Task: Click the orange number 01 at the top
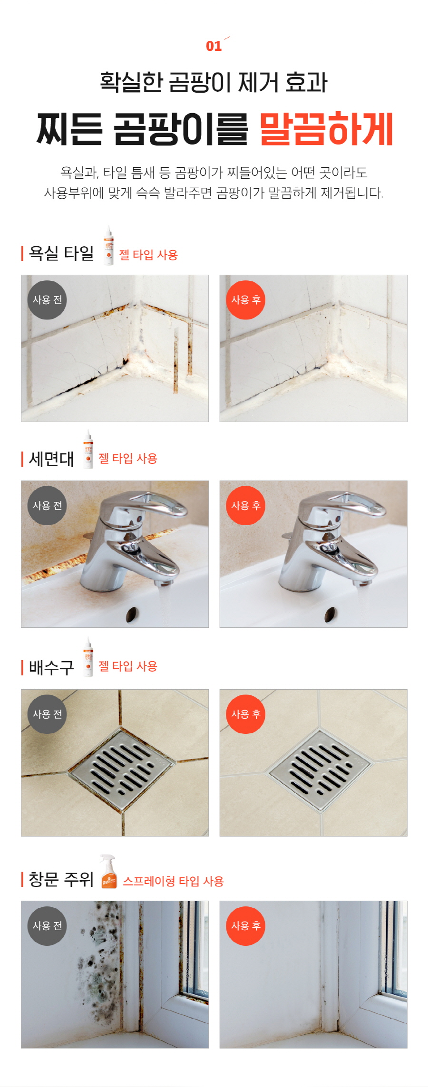click(214, 46)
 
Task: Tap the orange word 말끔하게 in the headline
click(327, 129)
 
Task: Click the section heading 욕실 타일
click(61, 253)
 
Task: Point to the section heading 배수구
click(51, 667)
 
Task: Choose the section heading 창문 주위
click(61, 879)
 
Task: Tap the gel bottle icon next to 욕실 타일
click(109, 245)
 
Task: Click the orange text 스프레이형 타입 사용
click(173, 881)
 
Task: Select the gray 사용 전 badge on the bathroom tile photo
click(47, 300)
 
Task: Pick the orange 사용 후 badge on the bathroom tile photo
click(245, 300)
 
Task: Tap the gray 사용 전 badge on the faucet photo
click(47, 506)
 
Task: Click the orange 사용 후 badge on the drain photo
click(245, 714)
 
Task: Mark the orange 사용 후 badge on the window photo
click(245, 925)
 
